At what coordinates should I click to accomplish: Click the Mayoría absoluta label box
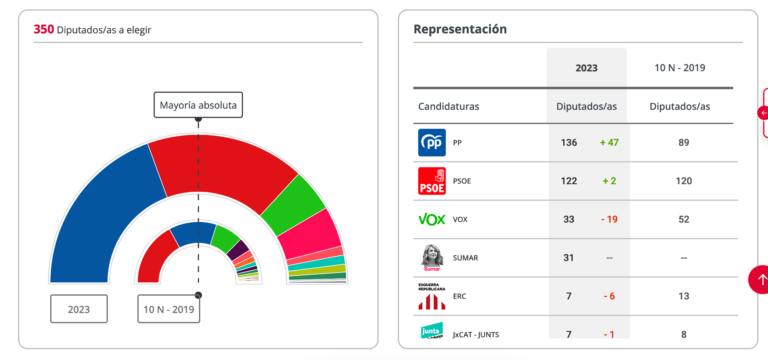tap(198, 105)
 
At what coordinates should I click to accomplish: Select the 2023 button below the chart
tap(79, 309)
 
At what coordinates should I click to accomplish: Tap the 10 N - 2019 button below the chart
tap(168, 309)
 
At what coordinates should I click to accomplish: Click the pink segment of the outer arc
tap(311, 235)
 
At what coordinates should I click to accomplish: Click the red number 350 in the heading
tap(44, 29)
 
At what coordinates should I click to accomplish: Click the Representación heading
tap(460, 29)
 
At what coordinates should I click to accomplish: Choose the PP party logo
tap(432, 143)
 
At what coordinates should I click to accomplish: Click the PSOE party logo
tap(432, 181)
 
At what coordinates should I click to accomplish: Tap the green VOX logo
tap(432, 219)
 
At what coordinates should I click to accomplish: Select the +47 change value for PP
tap(609, 143)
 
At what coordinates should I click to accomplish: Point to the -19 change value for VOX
tap(609, 219)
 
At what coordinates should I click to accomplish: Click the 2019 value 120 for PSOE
tap(684, 181)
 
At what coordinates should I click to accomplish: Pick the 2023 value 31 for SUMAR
tap(568, 258)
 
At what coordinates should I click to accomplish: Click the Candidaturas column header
tap(449, 106)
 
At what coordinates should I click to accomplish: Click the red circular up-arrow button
tap(759, 280)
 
